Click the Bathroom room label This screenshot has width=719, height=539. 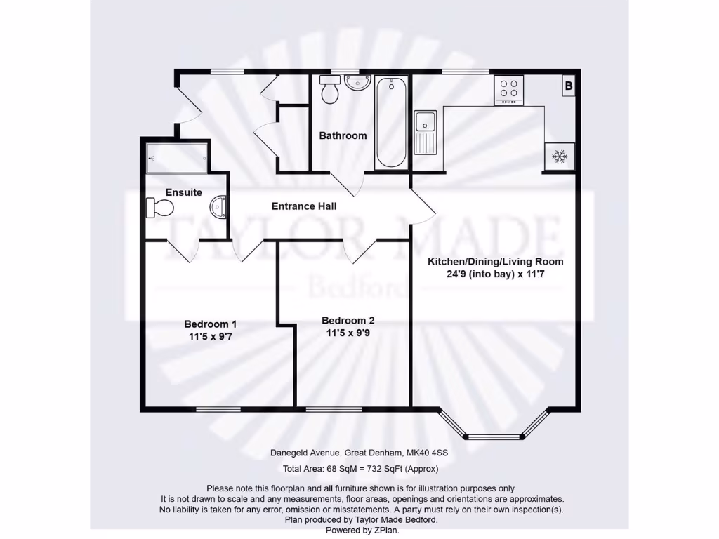(x=343, y=135)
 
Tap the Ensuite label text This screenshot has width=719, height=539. (x=184, y=192)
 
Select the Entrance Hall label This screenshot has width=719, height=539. (x=304, y=206)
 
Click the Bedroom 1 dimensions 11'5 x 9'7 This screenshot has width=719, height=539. (x=211, y=336)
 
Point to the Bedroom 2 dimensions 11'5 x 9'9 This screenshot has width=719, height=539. (x=348, y=333)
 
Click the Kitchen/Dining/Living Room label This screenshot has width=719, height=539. (x=496, y=262)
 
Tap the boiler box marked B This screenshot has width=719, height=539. (x=569, y=86)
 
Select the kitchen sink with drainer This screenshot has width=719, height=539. (x=426, y=132)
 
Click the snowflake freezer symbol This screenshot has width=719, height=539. (x=560, y=156)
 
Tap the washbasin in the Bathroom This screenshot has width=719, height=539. (x=357, y=84)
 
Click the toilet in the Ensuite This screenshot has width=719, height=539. (x=160, y=207)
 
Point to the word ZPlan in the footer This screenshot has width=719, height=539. (x=386, y=531)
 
